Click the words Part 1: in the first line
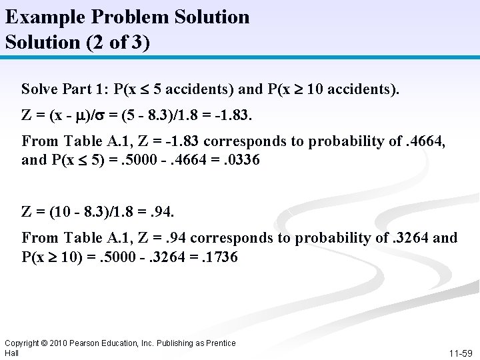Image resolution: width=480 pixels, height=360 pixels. coord(84,89)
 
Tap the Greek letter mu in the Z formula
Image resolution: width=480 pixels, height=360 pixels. coord(85,115)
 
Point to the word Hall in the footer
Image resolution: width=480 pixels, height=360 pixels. coord(11,352)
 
